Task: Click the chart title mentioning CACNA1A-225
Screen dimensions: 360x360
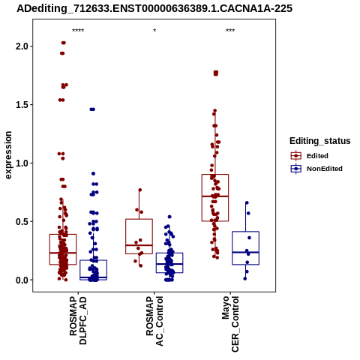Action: [x=154, y=8]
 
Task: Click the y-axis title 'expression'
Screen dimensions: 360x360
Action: [x=8, y=155]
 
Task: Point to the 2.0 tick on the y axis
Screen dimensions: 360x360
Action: [x=22, y=46]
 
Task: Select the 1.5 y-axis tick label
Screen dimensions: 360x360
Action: [x=22, y=105]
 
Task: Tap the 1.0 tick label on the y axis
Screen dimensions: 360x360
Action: [x=22, y=163]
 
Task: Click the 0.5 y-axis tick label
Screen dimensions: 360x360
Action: [x=22, y=221]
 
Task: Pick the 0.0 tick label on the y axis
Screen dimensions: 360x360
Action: [x=22, y=280]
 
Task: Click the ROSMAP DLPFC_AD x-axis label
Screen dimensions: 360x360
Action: [x=78, y=321]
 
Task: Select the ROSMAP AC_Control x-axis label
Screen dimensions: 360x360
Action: [x=154, y=321]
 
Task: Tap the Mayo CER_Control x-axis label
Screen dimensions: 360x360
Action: [x=230, y=324]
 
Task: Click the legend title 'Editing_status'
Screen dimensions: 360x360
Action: [x=320, y=141]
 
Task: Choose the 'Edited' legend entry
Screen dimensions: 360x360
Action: [x=310, y=156]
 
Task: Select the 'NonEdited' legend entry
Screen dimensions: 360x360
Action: [x=316, y=169]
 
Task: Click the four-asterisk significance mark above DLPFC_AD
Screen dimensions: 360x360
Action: [x=78, y=31]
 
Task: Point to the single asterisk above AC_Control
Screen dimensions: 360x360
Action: [x=154, y=31]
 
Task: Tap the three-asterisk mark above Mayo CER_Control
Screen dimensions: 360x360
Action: [x=230, y=31]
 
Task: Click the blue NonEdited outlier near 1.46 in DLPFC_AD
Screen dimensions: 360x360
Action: [x=92, y=109]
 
